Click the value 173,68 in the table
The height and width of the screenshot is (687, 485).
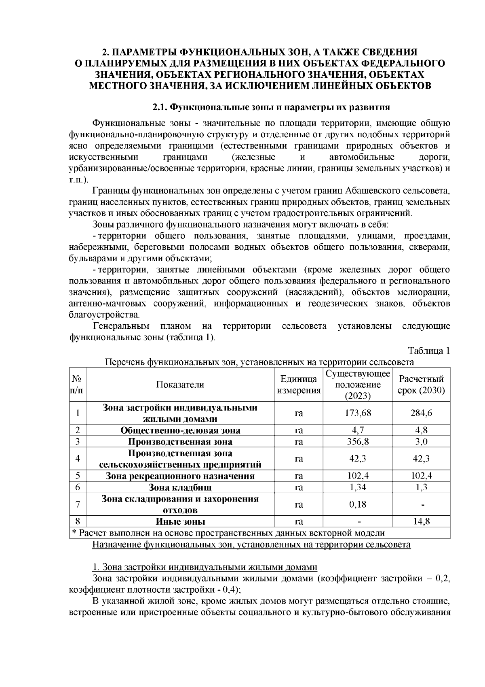coord(358,413)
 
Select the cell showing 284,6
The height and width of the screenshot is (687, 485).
coord(421,413)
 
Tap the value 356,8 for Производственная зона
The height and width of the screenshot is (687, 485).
coord(358,441)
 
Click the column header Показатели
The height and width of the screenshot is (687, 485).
coord(180,385)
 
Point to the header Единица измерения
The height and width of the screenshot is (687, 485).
coord(299,385)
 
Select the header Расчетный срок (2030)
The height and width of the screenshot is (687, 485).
coord(421,385)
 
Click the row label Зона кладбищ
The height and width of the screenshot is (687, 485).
coord(180,487)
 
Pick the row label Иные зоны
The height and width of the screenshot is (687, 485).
coord(180,521)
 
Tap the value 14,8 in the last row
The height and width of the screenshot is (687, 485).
coord(421,521)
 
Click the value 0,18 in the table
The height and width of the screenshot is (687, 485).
coord(358,504)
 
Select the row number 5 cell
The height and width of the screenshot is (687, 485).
coord(78,476)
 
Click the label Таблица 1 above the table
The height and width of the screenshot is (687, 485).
coord(429,351)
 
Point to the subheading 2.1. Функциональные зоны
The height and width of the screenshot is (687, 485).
coord(270,107)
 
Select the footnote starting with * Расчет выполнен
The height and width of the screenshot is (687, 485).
coord(228,533)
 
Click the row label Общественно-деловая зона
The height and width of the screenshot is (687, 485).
coord(180,430)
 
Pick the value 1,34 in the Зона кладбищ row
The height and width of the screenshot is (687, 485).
coord(358,487)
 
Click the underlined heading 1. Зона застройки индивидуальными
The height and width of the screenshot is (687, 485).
coord(205,567)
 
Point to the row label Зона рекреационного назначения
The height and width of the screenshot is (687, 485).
coord(180,476)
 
